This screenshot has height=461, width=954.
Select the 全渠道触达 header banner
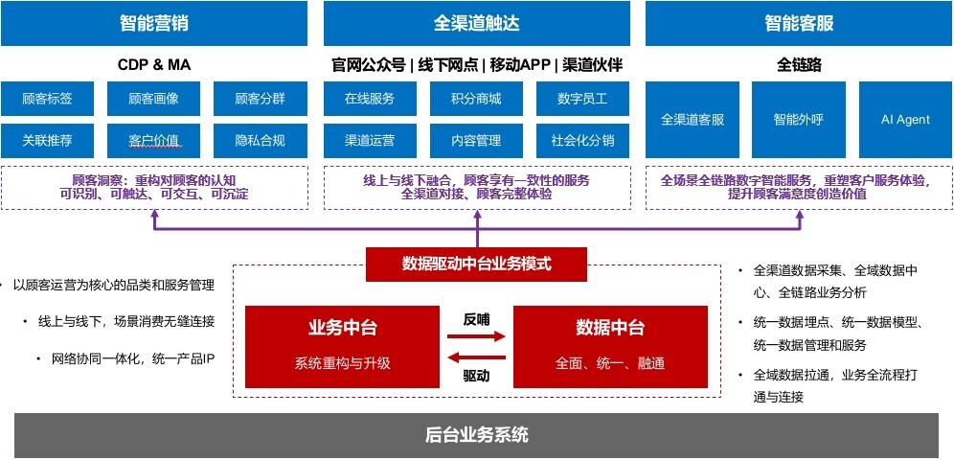(476, 23)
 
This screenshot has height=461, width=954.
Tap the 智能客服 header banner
(798, 23)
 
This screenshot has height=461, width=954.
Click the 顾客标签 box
(47, 99)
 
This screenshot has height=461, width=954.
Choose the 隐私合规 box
(260, 141)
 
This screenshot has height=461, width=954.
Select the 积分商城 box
(476, 99)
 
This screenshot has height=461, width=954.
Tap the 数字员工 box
(582, 99)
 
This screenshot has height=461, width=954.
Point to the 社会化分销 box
(582, 141)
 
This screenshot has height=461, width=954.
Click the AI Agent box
(905, 120)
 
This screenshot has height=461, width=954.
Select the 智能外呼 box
(798, 120)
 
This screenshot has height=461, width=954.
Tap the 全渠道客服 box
(693, 120)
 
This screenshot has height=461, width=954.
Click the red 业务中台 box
(342, 345)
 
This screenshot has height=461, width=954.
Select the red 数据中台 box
(610, 345)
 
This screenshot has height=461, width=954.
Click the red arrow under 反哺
(476, 336)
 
